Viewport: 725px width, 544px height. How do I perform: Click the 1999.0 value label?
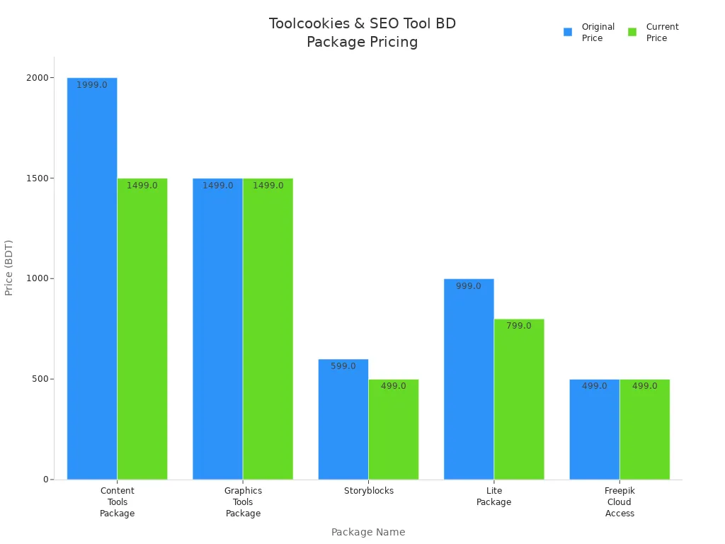pyautogui.click(x=92, y=85)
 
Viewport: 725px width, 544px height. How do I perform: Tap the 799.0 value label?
pyautogui.click(x=519, y=326)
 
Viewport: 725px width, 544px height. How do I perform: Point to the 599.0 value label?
pyautogui.click(x=343, y=366)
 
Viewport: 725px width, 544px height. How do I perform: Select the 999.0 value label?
pyautogui.click(x=469, y=286)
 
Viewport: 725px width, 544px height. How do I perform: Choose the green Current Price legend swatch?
pyautogui.click(x=632, y=32)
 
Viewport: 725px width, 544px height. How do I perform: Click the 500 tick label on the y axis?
pyautogui.click(x=39, y=379)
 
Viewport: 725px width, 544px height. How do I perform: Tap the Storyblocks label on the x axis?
pyautogui.click(x=369, y=491)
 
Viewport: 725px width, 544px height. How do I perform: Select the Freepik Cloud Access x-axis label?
pyautogui.click(x=620, y=501)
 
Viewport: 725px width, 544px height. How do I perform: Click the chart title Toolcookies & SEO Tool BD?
pyautogui.click(x=362, y=24)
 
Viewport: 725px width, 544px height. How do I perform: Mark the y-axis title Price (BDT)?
pyautogui.click(x=9, y=268)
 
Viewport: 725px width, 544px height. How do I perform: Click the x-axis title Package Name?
pyautogui.click(x=368, y=532)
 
